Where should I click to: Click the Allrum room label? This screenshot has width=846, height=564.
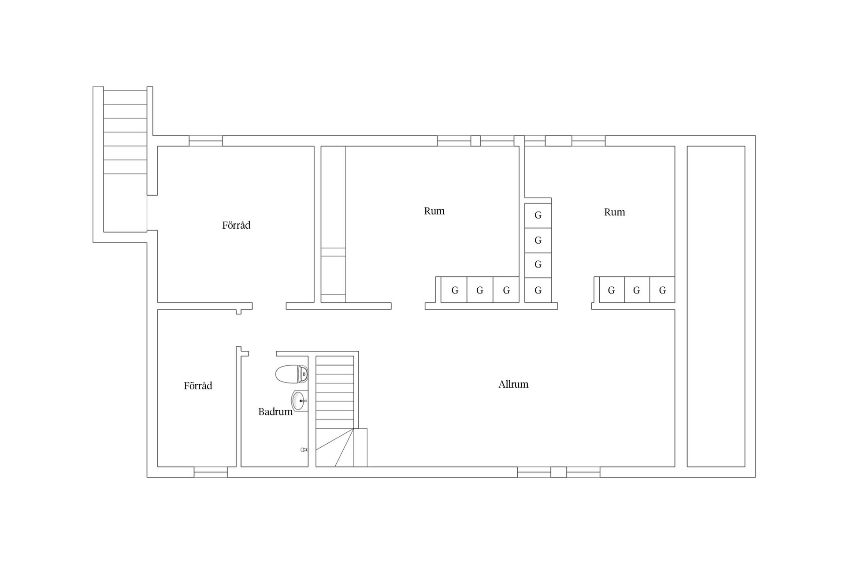click(513, 384)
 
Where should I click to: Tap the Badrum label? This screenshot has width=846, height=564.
click(275, 412)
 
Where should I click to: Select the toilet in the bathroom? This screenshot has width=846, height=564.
click(291, 374)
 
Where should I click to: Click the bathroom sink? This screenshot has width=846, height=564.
click(300, 401)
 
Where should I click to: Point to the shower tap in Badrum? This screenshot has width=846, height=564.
click(304, 450)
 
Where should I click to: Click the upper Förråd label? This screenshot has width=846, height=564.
click(236, 225)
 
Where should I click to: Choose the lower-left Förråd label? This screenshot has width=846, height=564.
click(198, 386)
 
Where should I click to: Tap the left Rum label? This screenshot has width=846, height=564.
click(434, 211)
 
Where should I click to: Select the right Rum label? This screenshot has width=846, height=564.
click(614, 212)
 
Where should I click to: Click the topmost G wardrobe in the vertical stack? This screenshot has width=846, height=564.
click(538, 215)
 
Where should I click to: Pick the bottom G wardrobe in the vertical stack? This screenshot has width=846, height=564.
click(538, 290)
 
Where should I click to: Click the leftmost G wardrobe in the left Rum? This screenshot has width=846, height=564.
click(454, 290)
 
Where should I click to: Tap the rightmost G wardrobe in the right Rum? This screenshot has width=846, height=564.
click(662, 290)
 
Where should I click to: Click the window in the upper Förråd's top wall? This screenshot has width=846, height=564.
click(206, 141)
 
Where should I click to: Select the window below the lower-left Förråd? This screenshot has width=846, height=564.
click(211, 472)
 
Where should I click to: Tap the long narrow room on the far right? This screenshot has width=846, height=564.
click(716, 306)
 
